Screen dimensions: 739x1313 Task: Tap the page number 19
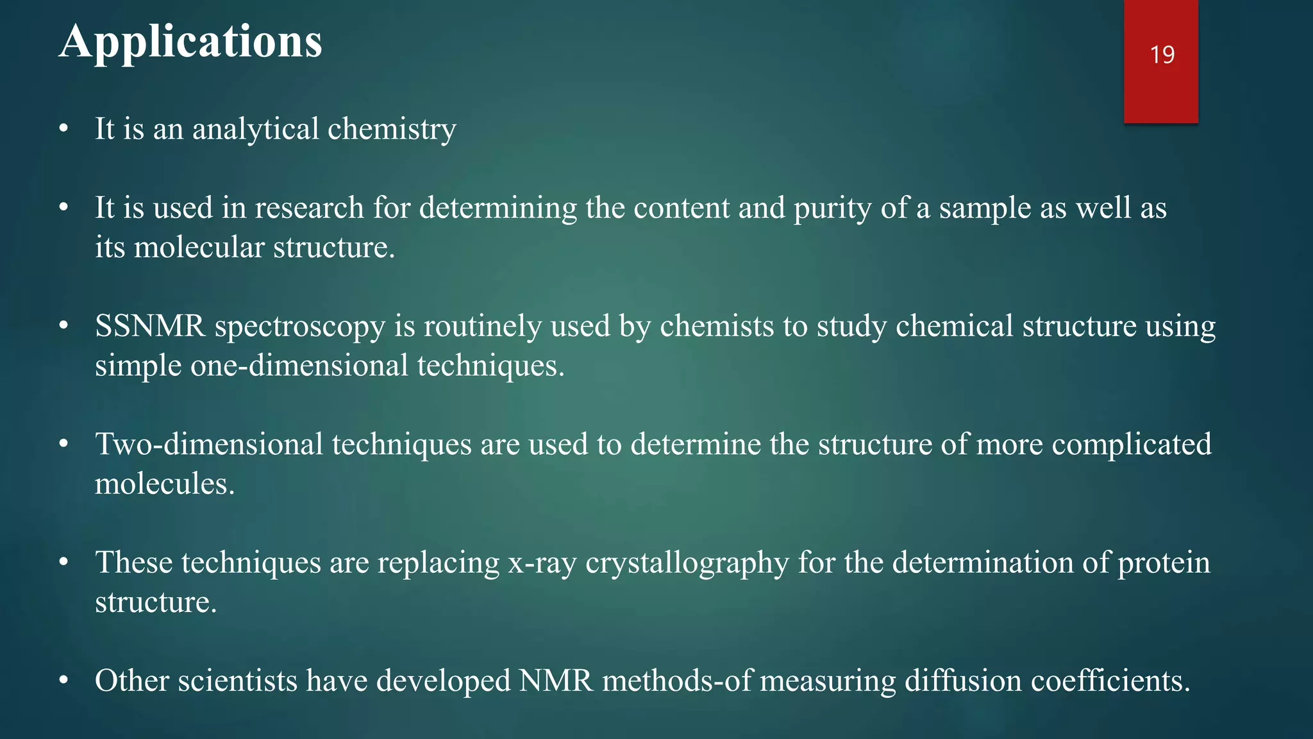[1162, 55]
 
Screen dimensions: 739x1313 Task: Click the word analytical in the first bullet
[255, 129]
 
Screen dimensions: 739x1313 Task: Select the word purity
[833, 208]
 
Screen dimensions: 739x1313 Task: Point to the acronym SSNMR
[150, 326]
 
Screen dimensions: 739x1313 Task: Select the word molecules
[165, 484]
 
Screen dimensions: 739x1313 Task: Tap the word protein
[1164, 563]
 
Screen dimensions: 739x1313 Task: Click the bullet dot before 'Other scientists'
[63, 681]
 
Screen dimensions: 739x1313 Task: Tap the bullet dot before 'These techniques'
[63, 563]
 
